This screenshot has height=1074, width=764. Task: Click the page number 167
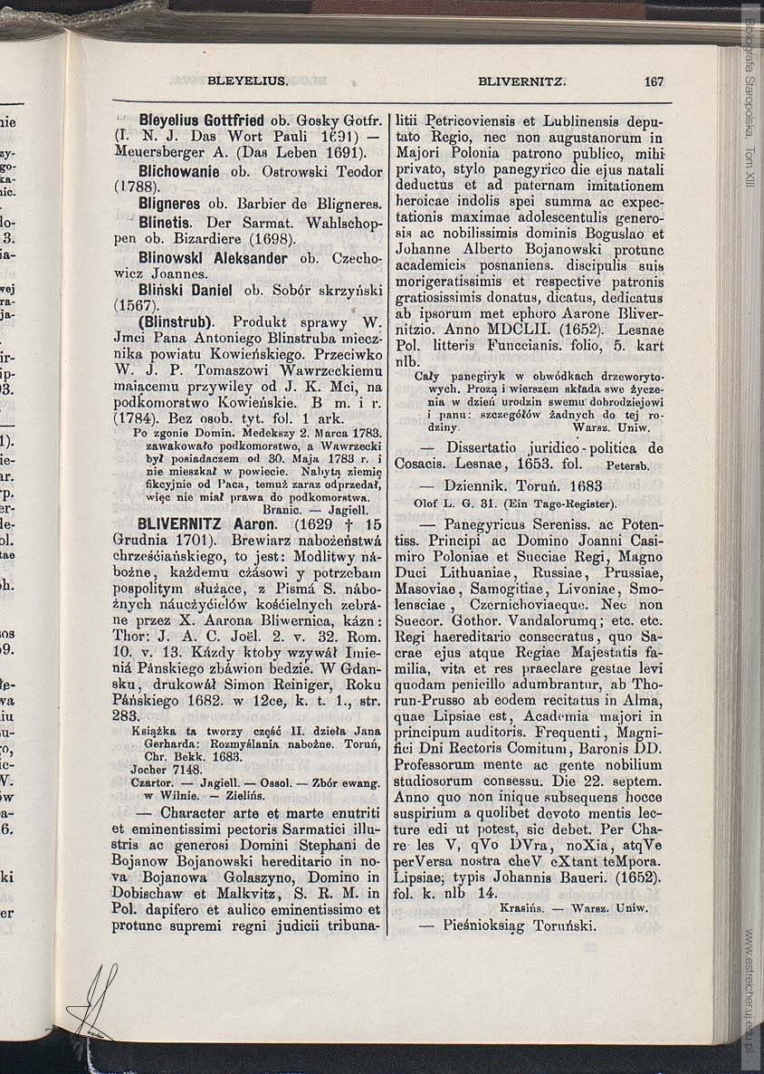tap(654, 82)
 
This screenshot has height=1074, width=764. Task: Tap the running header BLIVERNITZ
tap(521, 82)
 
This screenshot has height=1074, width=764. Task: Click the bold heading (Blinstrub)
tap(176, 322)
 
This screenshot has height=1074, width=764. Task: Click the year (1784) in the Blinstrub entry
tap(136, 420)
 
